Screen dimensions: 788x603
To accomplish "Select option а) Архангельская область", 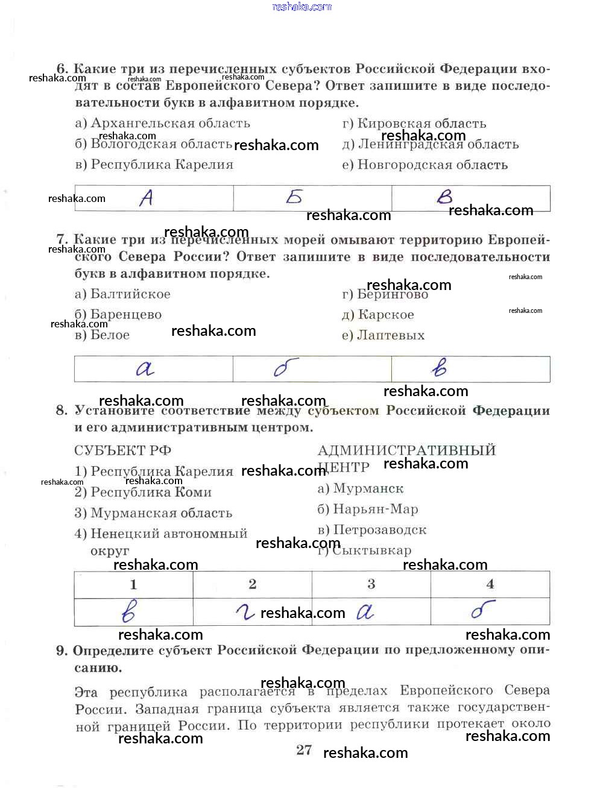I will coord(163,124).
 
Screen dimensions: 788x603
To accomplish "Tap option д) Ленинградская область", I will coord(431,144).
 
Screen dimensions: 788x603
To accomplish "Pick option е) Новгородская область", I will coord(425,165).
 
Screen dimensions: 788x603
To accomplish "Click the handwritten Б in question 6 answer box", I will coord(294,197).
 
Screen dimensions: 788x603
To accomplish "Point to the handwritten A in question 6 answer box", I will coord(146,198).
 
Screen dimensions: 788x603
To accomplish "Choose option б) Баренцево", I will coord(118,315).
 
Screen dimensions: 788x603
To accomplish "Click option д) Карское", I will coord(378,315).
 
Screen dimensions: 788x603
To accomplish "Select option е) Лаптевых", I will coord(384,335).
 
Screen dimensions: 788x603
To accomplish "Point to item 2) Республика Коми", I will coord(143,493).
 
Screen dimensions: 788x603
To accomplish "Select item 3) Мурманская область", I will coord(153,513).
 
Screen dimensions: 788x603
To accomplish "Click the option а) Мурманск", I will coord(361,488).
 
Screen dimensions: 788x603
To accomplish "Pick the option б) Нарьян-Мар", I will coord(368,509).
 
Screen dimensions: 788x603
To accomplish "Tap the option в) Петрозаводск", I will coord(372,530).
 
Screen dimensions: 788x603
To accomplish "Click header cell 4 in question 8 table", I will coord(490,584).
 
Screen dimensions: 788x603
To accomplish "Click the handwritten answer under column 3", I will coord(365,613).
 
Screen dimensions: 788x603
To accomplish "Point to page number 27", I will coord(305,749).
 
